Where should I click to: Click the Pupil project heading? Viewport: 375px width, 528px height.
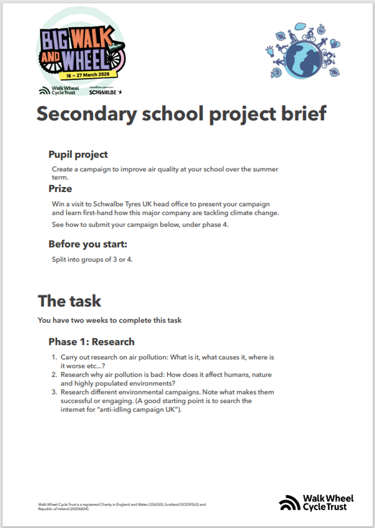click(x=78, y=154)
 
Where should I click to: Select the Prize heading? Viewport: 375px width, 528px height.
click(x=60, y=189)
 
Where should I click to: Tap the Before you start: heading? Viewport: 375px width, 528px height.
click(x=88, y=244)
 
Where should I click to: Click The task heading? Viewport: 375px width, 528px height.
click(x=69, y=301)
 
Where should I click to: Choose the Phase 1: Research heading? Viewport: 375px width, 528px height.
click(x=91, y=342)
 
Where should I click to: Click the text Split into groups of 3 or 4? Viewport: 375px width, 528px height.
click(x=92, y=259)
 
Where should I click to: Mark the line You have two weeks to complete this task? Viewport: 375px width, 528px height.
click(x=110, y=320)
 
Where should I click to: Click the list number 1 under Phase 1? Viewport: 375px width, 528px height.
click(x=54, y=357)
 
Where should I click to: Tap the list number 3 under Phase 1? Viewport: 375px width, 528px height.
click(x=54, y=392)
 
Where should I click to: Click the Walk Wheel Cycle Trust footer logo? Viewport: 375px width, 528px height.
click(x=316, y=502)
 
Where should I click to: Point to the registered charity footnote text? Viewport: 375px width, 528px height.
click(x=122, y=506)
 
